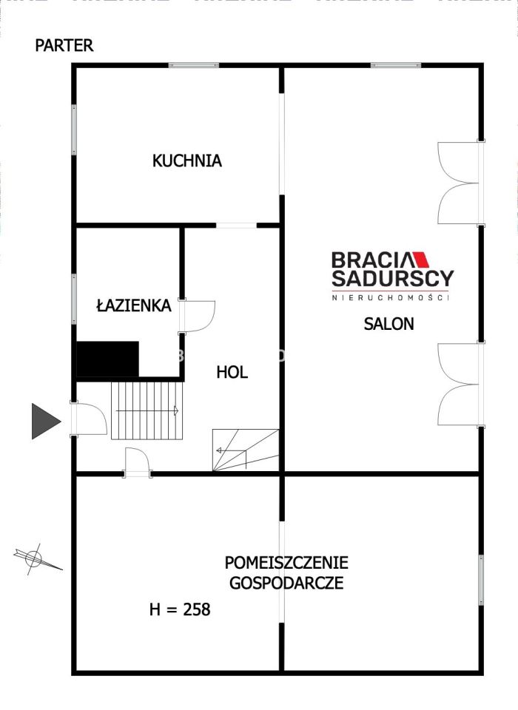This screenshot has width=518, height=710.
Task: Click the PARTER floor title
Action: (64, 45)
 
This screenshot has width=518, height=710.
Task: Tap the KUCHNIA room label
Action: (186, 160)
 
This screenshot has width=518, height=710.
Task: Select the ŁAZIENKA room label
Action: (134, 305)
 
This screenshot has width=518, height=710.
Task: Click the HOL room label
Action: (232, 372)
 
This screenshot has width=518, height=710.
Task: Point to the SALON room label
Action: (388, 323)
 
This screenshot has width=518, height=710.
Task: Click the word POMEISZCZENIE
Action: (286, 563)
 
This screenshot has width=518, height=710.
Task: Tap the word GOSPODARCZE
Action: (286, 582)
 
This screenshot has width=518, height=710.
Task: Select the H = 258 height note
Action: (180, 609)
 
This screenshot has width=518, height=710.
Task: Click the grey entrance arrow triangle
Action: (44, 422)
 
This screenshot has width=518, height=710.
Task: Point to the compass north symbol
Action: (34, 558)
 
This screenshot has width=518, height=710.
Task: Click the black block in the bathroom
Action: (108, 359)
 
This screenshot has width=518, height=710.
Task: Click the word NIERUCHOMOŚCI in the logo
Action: (391, 297)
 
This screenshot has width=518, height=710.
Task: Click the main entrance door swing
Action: (90, 419)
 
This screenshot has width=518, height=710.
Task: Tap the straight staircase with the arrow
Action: (147, 410)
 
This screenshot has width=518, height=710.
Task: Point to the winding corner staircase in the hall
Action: (245, 450)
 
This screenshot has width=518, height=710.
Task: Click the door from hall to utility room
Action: (138, 462)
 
